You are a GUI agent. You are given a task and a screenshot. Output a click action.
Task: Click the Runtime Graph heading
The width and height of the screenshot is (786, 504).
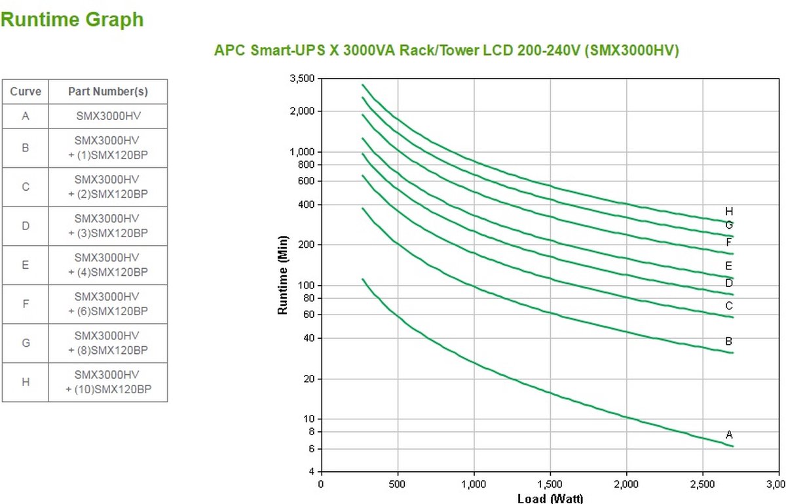(72, 20)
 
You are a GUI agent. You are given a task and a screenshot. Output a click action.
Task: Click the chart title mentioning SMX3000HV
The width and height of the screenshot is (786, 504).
(446, 50)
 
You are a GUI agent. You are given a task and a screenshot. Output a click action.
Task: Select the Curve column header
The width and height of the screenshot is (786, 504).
(26, 92)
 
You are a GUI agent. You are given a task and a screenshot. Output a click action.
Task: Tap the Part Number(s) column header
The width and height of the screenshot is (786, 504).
(107, 92)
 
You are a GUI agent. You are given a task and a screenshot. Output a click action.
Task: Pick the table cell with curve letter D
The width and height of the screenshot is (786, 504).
(26, 226)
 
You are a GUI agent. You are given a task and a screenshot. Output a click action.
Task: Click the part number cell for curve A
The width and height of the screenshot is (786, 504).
(107, 117)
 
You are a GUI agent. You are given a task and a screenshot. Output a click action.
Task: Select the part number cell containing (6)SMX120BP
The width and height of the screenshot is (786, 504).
(107, 304)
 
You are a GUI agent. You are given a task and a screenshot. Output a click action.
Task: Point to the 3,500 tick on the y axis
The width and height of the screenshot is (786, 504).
(303, 79)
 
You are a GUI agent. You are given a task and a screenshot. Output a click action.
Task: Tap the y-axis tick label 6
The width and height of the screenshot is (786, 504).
(312, 448)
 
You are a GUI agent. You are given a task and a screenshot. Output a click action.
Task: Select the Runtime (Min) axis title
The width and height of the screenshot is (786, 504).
(283, 275)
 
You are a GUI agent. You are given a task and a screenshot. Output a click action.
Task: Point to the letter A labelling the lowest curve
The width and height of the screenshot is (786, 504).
(729, 435)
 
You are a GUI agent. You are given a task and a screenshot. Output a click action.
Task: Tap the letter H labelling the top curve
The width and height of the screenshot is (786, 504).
(729, 211)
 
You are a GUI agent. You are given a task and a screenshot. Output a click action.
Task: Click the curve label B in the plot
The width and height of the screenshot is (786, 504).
(729, 341)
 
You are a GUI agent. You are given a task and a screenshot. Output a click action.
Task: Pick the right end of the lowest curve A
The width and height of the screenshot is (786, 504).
(733, 446)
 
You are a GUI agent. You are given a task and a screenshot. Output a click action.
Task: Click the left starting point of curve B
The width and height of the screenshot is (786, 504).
(363, 208)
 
